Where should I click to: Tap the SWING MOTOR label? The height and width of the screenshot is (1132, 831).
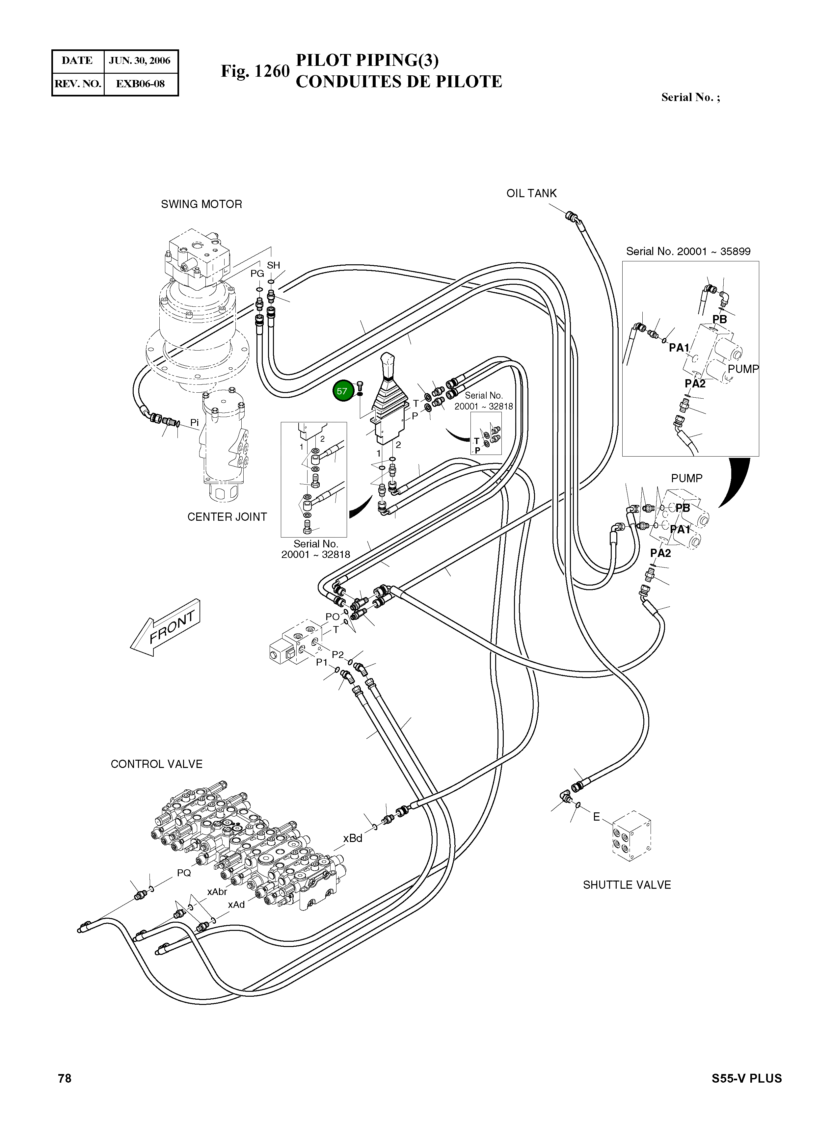pyautogui.click(x=201, y=204)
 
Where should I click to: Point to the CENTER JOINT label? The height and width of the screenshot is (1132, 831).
pyautogui.click(x=227, y=517)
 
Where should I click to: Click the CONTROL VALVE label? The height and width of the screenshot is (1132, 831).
pyautogui.click(x=156, y=764)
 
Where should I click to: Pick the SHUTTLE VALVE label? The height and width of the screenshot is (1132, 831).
pyautogui.click(x=627, y=899)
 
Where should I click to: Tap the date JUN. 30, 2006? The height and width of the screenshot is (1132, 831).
pyautogui.click(x=140, y=61)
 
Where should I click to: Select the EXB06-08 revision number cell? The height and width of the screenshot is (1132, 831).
pyautogui.click(x=140, y=84)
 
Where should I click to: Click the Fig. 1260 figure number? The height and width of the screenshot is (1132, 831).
pyautogui.click(x=255, y=71)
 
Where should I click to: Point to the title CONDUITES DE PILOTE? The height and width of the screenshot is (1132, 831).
pyautogui.click(x=398, y=81)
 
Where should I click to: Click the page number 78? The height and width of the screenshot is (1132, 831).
pyautogui.click(x=65, y=1078)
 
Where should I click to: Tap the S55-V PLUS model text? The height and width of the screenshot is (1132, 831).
pyautogui.click(x=746, y=1078)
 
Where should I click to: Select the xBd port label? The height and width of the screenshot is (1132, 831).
pyautogui.click(x=353, y=838)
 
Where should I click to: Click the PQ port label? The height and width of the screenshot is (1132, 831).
pyautogui.click(x=184, y=873)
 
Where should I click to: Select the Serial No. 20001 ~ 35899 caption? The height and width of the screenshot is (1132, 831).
pyautogui.click(x=688, y=251)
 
